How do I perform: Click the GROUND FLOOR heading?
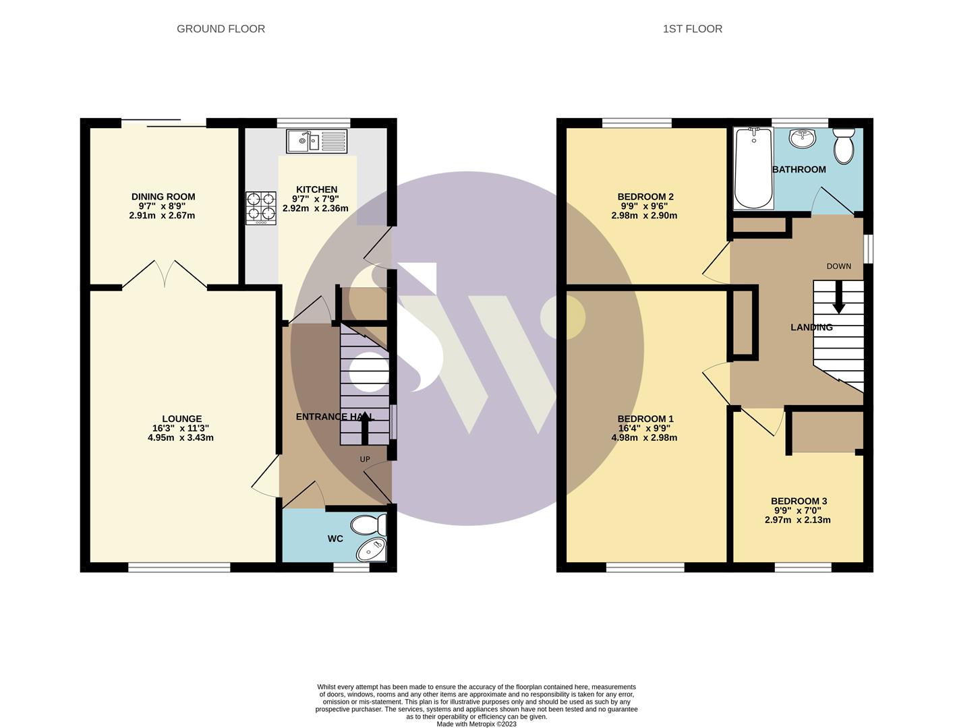coord(221,29)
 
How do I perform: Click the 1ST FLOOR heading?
coord(692,29)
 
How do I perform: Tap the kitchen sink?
coord(316,142)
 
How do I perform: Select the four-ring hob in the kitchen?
coord(262,208)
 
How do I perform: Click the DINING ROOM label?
coord(163,197)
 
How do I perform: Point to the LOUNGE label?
coord(181,419)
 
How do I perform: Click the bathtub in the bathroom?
coord(753,168)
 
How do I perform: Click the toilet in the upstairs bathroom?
coord(844,146)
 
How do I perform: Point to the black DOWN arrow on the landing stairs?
coord(838,297)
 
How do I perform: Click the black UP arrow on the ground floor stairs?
coord(366,427)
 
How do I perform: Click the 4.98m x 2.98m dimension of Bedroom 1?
coord(644,437)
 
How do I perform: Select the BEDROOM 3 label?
coord(799,501)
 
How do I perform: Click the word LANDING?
coord(811,328)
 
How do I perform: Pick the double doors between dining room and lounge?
coord(165,274)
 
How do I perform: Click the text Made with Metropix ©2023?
coord(476,724)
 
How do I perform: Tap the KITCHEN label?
coord(316,189)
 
